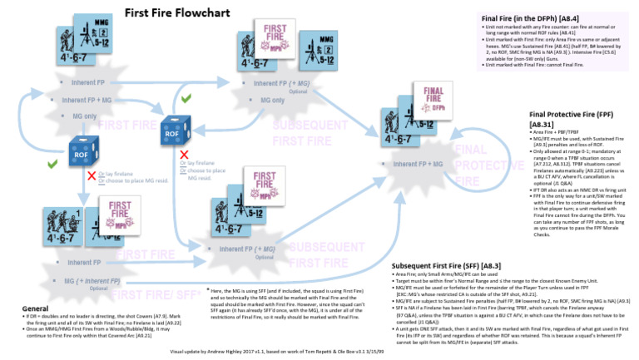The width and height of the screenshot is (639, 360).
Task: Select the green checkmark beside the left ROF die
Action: pyautogui.click(x=52, y=164)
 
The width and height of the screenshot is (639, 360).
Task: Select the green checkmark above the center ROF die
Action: pyautogui.click(x=186, y=98)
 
